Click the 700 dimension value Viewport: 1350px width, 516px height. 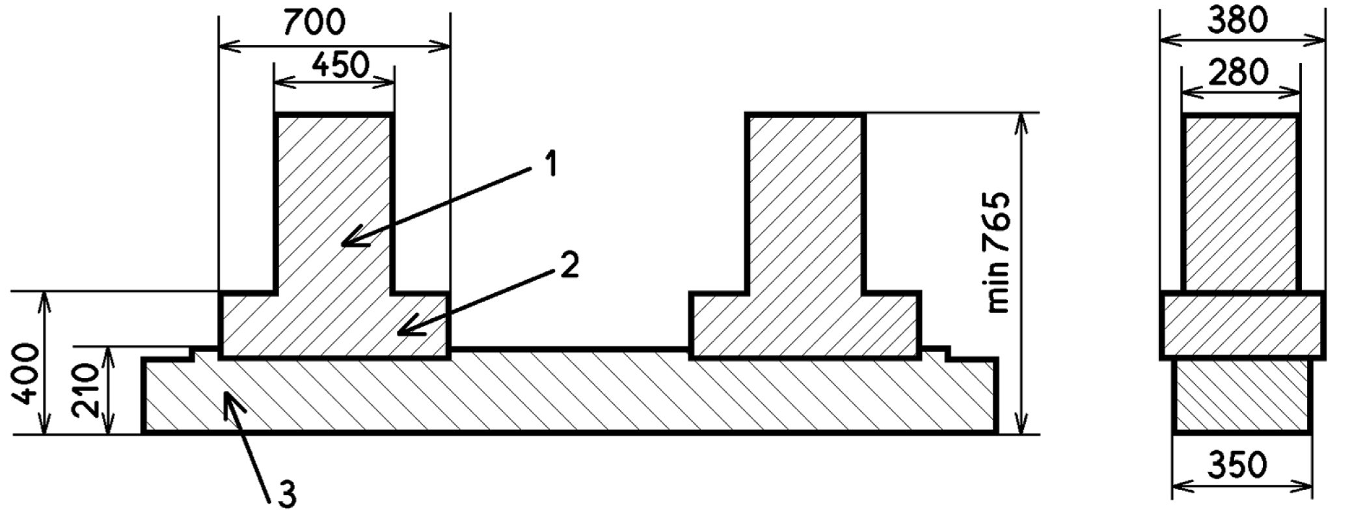(x=314, y=23)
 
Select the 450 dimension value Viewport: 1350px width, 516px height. (x=340, y=65)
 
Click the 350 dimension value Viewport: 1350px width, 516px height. (x=1237, y=465)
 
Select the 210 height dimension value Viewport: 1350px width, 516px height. (x=87, y=390)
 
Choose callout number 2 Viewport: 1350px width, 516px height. (x=569, y=265)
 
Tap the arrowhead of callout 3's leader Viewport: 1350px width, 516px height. (x=228, y=396)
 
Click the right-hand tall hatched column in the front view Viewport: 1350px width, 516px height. (x=805, y=202)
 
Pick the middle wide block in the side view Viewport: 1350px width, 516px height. (x=1241, y=325)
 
